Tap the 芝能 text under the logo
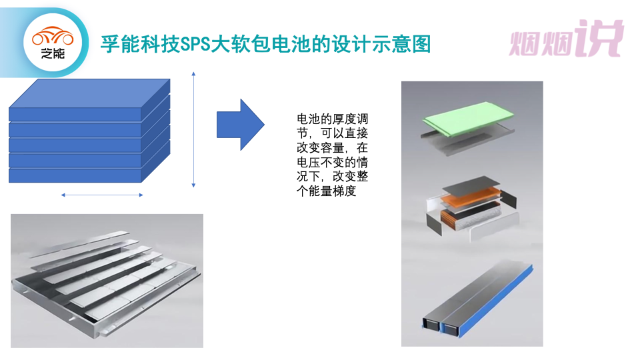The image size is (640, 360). (x=53, y=53)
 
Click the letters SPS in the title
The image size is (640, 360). (x=195, y=44)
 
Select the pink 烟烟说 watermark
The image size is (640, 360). (x=567, y=38)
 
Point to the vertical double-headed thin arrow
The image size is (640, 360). (x=193, y=129)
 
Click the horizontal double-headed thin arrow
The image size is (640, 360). (x=102, y=195)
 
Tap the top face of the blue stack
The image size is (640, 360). (x=89, y=93)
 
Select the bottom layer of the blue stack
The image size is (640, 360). (x=75, y=175)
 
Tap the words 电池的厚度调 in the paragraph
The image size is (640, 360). (x=332, y=119)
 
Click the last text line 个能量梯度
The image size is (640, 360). (x=327, y=191)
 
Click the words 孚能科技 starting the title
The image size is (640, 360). (x=140, y=44)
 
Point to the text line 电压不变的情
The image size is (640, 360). (x=332, y=162)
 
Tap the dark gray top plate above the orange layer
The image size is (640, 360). (x=471, y=185)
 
